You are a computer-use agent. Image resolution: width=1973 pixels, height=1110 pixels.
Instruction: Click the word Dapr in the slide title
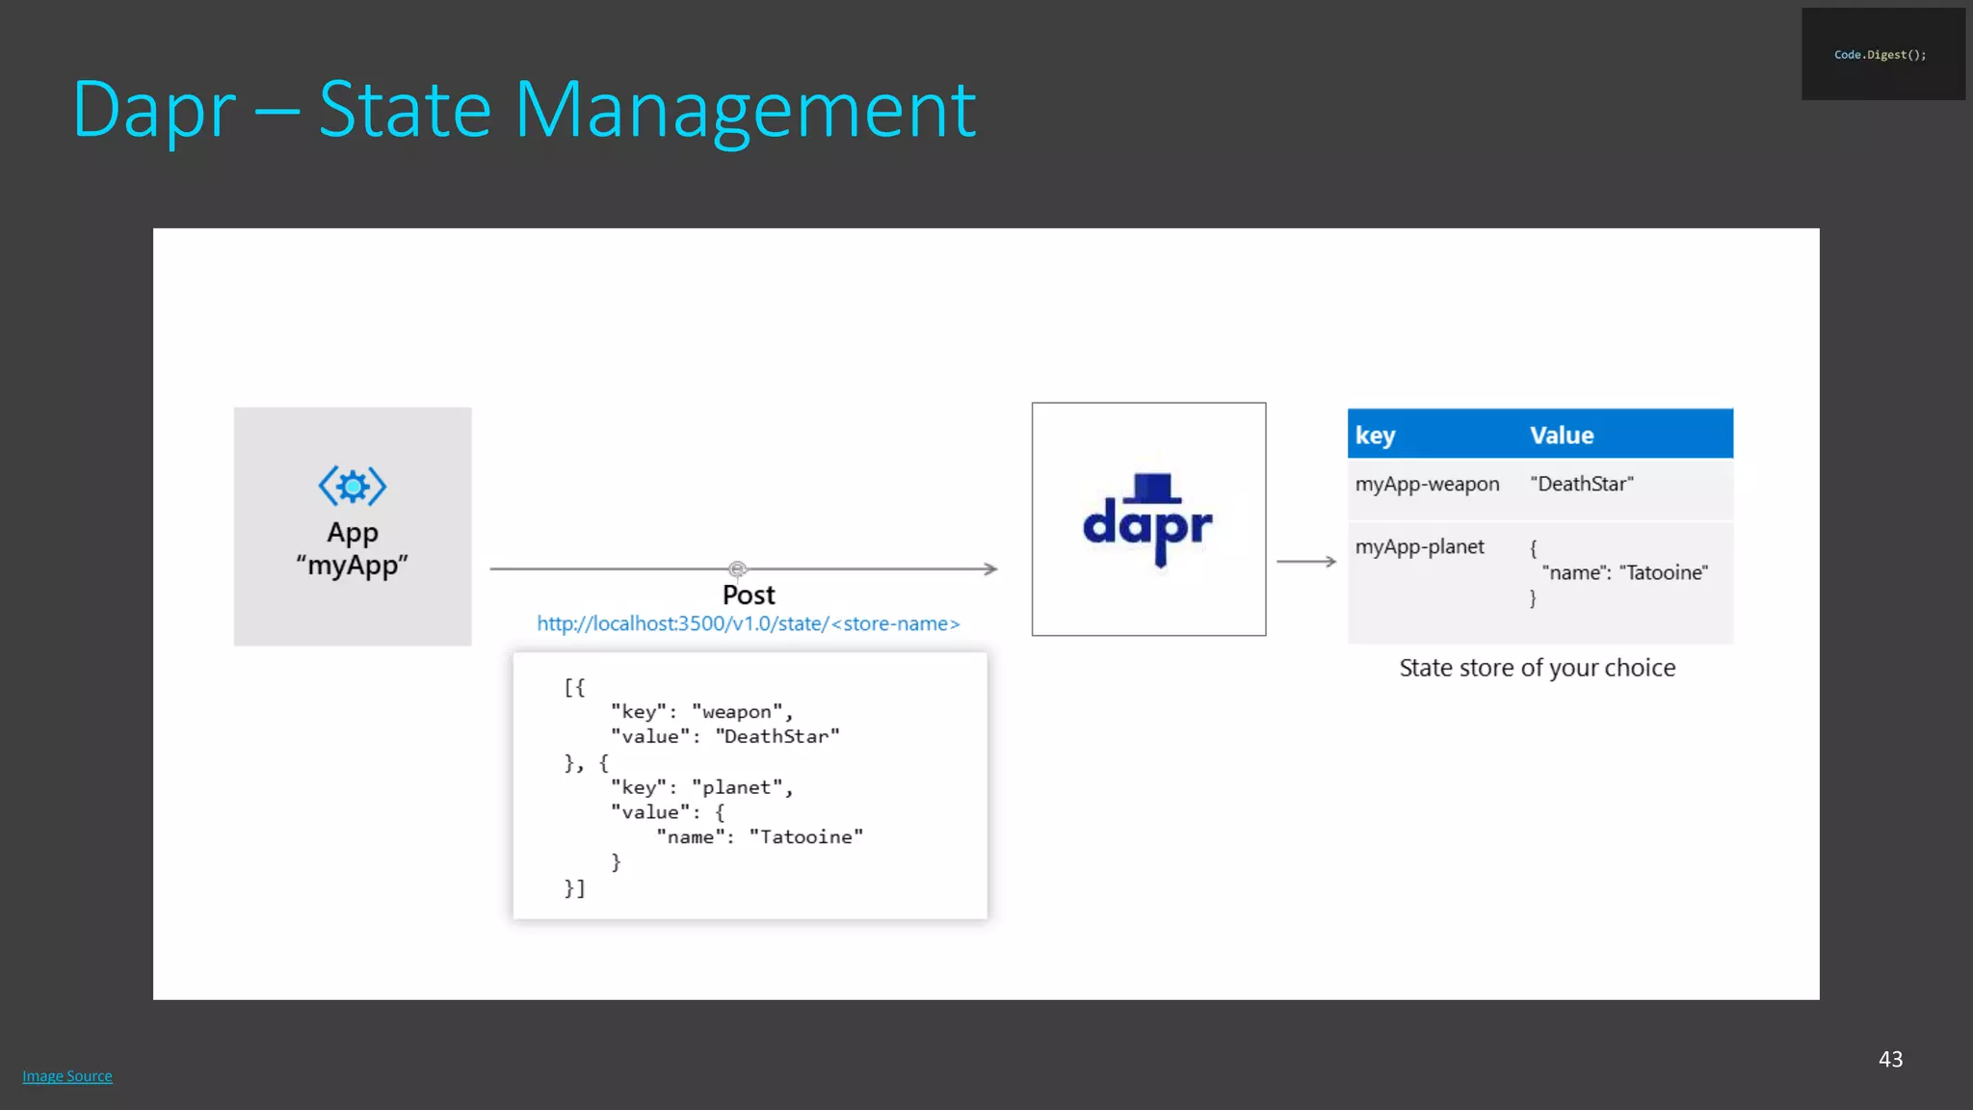point(154,111)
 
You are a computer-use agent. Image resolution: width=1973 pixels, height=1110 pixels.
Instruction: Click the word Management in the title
point(745,111)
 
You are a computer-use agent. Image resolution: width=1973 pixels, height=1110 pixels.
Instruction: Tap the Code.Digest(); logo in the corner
point(1881,55)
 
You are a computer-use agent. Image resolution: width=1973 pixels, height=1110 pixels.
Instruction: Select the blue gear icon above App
point(353,487)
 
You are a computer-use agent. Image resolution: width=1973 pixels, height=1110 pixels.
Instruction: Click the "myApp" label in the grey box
point(353,566)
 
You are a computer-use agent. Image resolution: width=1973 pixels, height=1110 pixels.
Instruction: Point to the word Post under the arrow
point(749,595)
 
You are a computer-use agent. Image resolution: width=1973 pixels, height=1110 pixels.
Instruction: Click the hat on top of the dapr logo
point(1153,488)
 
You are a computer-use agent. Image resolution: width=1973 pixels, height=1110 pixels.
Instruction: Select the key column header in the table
point(1375,436)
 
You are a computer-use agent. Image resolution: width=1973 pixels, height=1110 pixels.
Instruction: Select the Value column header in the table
point(1562,436)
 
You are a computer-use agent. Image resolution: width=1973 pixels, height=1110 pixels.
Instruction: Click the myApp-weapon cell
point(1427,485)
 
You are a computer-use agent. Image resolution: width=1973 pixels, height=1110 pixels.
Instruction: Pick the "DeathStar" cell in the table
point(1582,485)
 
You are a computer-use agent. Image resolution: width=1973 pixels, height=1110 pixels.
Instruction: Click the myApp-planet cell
point(1419,547)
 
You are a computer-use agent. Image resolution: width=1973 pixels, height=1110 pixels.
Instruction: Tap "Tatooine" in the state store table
point(1664,573)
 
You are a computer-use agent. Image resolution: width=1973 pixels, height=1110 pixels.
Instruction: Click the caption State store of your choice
point(1537,668)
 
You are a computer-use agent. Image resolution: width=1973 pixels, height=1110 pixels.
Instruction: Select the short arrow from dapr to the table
point(1306,561)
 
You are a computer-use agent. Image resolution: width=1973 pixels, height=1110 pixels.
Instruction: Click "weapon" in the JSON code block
point(737,712)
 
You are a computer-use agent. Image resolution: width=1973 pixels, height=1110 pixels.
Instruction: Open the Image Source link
point(67,1076)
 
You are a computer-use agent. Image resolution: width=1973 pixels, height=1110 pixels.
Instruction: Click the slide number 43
point(1890,1059)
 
